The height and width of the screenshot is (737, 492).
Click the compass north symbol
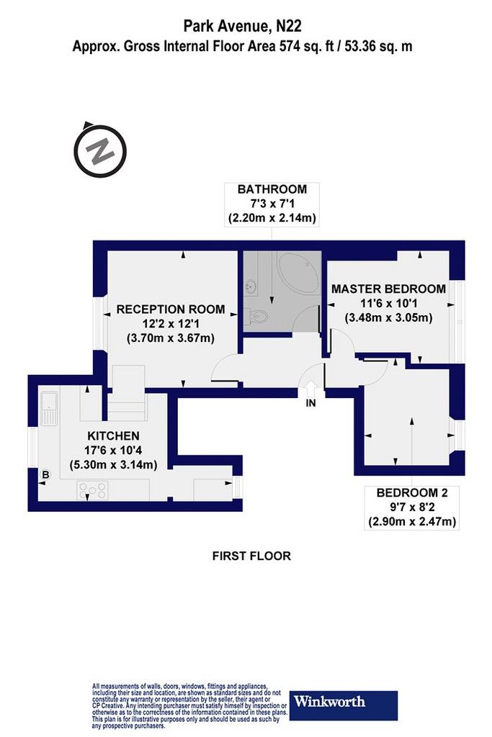pos(99,150)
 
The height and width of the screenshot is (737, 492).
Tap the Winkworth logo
pos(344,705)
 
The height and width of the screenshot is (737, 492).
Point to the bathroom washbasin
pos(250,286)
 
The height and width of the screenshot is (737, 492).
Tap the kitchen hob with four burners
pos(93,490)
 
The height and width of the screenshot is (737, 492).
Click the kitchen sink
pos(48,407)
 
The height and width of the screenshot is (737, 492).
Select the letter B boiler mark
pos(45,475)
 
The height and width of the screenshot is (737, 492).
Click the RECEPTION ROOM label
pos(171,309)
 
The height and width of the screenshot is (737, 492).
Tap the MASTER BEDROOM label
pos(388,289)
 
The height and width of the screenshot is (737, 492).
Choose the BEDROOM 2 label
pos(412,492)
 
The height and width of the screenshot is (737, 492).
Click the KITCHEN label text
pos(113,435)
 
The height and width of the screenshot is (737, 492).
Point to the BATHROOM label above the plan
pos(272,189)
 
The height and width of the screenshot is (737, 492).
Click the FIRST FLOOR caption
pos(251,556)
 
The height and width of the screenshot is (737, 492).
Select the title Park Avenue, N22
pos(242,26)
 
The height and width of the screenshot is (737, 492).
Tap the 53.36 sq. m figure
pos(379,46)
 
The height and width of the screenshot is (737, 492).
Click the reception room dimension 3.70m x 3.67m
pos(171,338)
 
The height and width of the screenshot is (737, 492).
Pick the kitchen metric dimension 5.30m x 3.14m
pos(113,465)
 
